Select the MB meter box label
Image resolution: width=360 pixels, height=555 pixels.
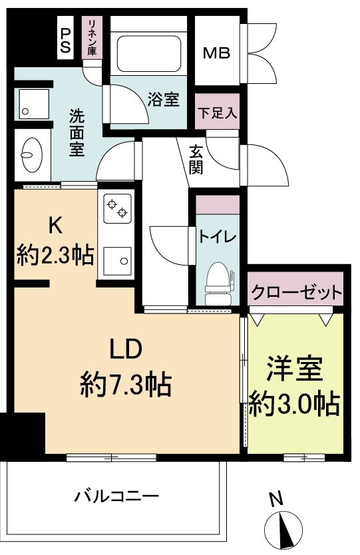217,53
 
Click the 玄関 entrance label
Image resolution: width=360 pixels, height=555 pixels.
196,160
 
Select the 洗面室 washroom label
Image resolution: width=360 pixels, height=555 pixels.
77,132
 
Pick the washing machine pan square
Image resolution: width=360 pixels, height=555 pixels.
30,102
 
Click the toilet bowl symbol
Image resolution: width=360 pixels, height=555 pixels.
218,280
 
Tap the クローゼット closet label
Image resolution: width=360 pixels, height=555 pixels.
297,292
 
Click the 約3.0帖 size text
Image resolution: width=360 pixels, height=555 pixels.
294,403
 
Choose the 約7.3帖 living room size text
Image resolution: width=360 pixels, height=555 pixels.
126,385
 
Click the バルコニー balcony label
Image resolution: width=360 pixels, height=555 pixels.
116,496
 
